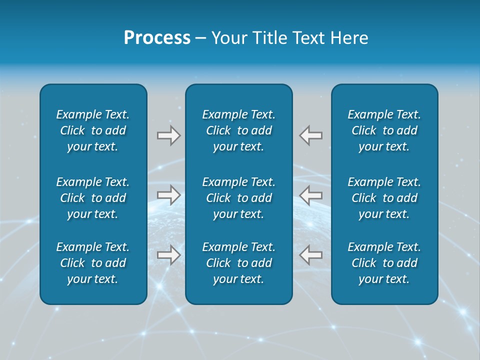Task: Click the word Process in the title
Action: pos(157,38)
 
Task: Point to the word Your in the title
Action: pos(228,38)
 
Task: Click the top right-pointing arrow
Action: pos(169,135)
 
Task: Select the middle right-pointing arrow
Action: pos(169,195)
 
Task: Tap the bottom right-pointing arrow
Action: pos(169,255)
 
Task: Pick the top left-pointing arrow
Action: pos(311,135)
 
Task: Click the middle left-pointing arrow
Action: pos(311,195)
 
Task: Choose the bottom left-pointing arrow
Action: pos(311,255)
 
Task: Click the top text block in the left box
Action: pos(93,130)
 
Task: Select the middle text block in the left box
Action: pos(93,198)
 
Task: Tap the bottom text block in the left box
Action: pos(93,263)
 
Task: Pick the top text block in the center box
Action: pos(239,130)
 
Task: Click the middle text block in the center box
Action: pos(239,198)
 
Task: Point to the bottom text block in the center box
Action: pos(239,263)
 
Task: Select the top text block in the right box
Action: pos(384,130)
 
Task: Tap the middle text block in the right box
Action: pos(384,198)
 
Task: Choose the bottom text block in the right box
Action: pos(384,263)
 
